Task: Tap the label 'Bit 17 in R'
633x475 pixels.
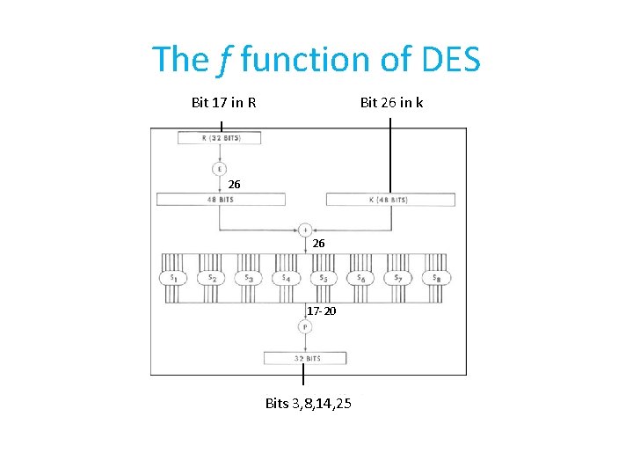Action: click(223, 103)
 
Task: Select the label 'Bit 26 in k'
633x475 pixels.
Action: click(391, 103)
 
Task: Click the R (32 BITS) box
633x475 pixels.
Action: click(219, 138)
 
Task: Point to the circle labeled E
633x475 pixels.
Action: click(219, 168)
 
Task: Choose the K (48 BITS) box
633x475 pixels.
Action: click(390, 200)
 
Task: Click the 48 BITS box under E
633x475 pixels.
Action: click(219, 200)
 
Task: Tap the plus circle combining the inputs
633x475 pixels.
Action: click(305, 229)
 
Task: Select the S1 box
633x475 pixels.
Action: click(172, 278)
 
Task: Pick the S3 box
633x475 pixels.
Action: click(248, 278)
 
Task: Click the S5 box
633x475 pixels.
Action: click(323, 278)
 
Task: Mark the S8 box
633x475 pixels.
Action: click(435, 278)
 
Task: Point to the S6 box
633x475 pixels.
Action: click(360, 278)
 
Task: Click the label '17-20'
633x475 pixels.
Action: click(321, 311)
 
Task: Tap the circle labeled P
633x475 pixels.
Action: click(304, 326)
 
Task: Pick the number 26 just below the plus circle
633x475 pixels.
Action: click(318, 243)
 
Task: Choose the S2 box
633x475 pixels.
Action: click(210, 278)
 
